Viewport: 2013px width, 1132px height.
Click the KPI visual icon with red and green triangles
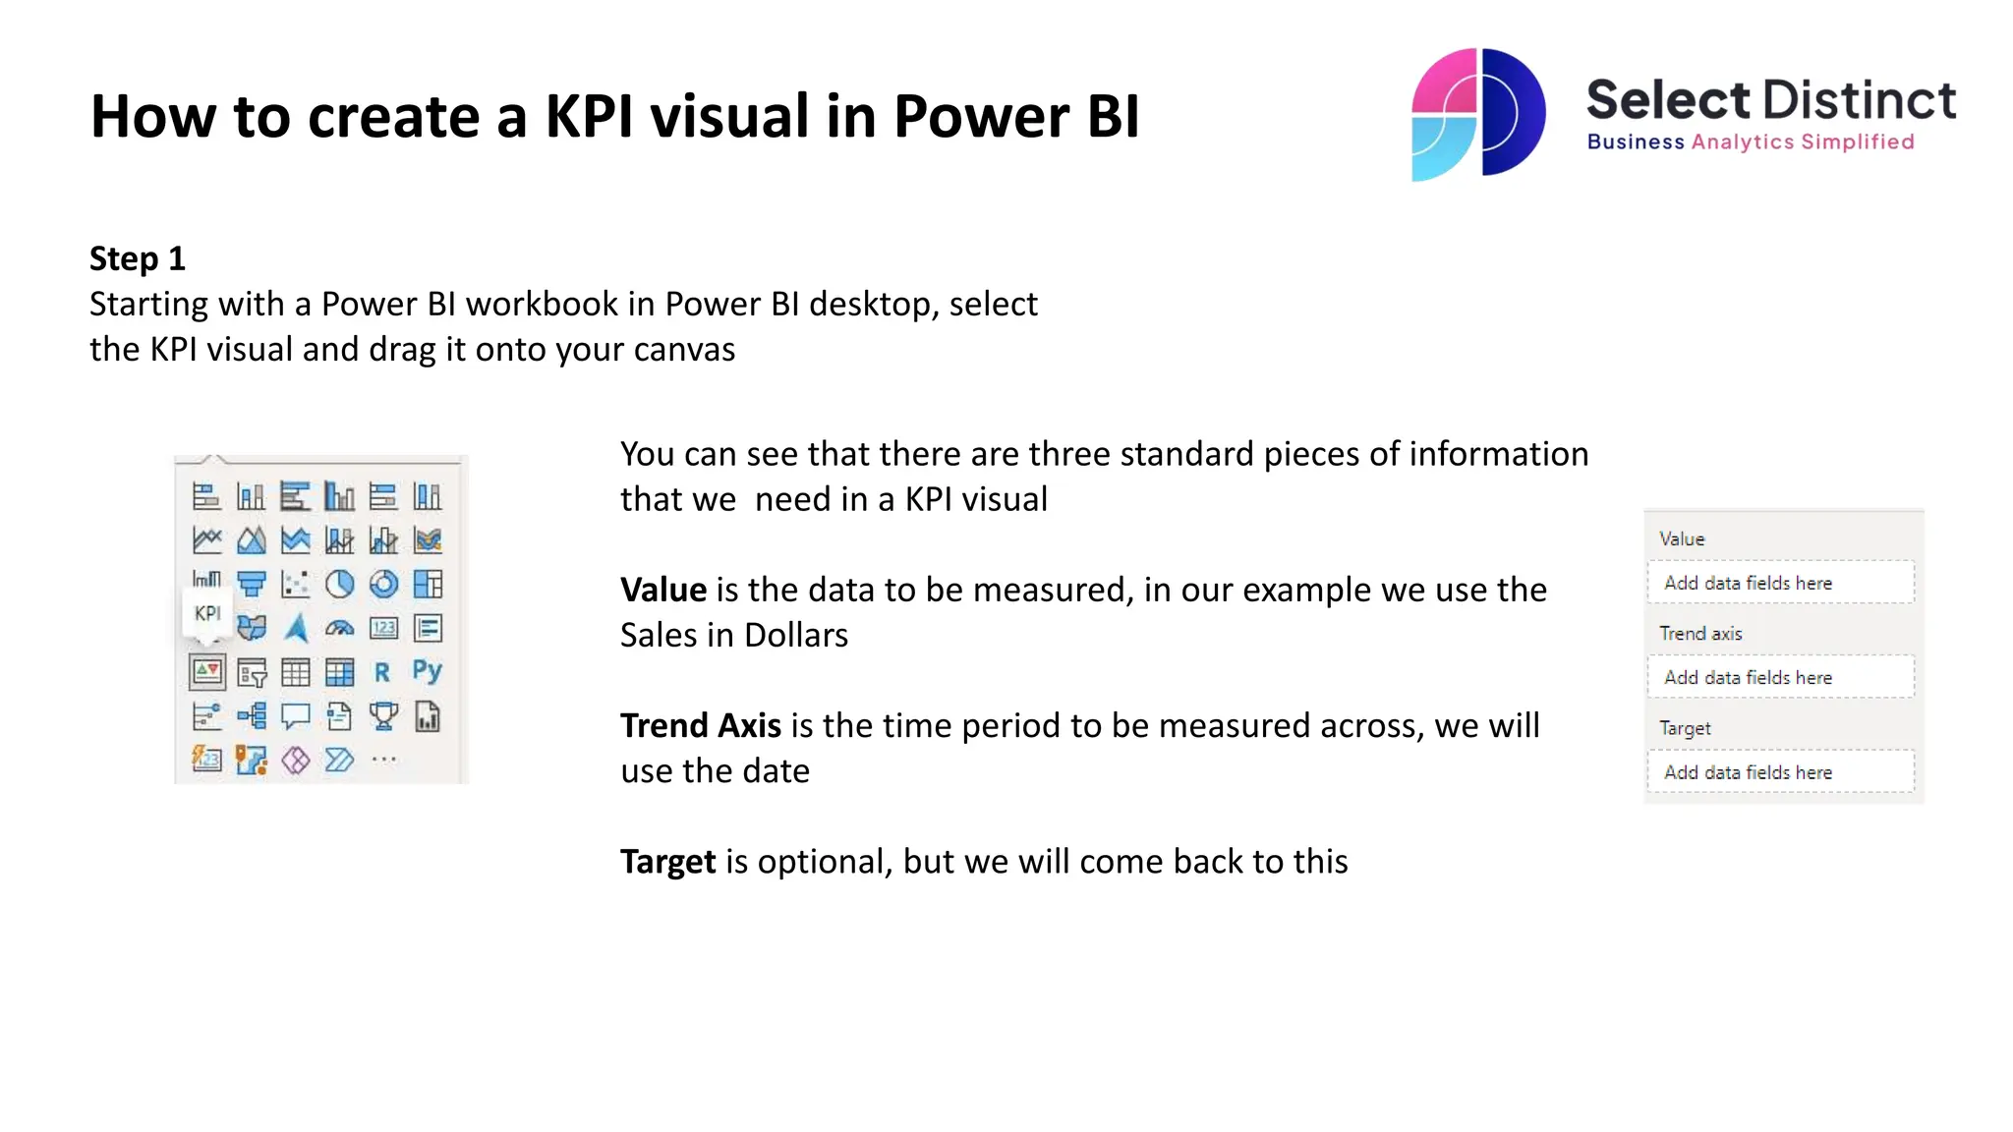pos(207,672)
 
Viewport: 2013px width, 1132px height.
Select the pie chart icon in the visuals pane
pos(339,585)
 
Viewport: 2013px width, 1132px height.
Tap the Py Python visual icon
pos(427,671)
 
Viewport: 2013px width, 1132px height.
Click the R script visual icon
pos(382,672)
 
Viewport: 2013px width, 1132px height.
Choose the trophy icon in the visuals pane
pos(383,716)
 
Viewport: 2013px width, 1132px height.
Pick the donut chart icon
pos(383,585)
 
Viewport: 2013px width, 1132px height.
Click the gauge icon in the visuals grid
pos(339,628)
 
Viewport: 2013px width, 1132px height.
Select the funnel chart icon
pos(252,585)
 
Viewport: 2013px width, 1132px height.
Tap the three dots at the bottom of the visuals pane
pos(384,759)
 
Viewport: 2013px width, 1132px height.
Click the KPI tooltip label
pos(207,613)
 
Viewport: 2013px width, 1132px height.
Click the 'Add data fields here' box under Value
pos(1780,583)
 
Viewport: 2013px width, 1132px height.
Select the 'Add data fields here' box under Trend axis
pos(1780,677)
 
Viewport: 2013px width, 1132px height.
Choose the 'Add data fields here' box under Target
pos(1780,772)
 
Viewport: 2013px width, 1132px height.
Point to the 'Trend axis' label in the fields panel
pos(1700,634)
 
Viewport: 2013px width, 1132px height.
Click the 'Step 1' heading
pos(138,258)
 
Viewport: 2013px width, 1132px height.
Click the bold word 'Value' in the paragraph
pos(662,590)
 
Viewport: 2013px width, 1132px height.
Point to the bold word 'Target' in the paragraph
pos(667,862)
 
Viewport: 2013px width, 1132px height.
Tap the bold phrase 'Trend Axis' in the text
pos(700,726)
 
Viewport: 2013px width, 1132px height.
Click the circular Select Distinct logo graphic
pos(1477,114)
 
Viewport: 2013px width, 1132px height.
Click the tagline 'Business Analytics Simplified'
pos(1750,141)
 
